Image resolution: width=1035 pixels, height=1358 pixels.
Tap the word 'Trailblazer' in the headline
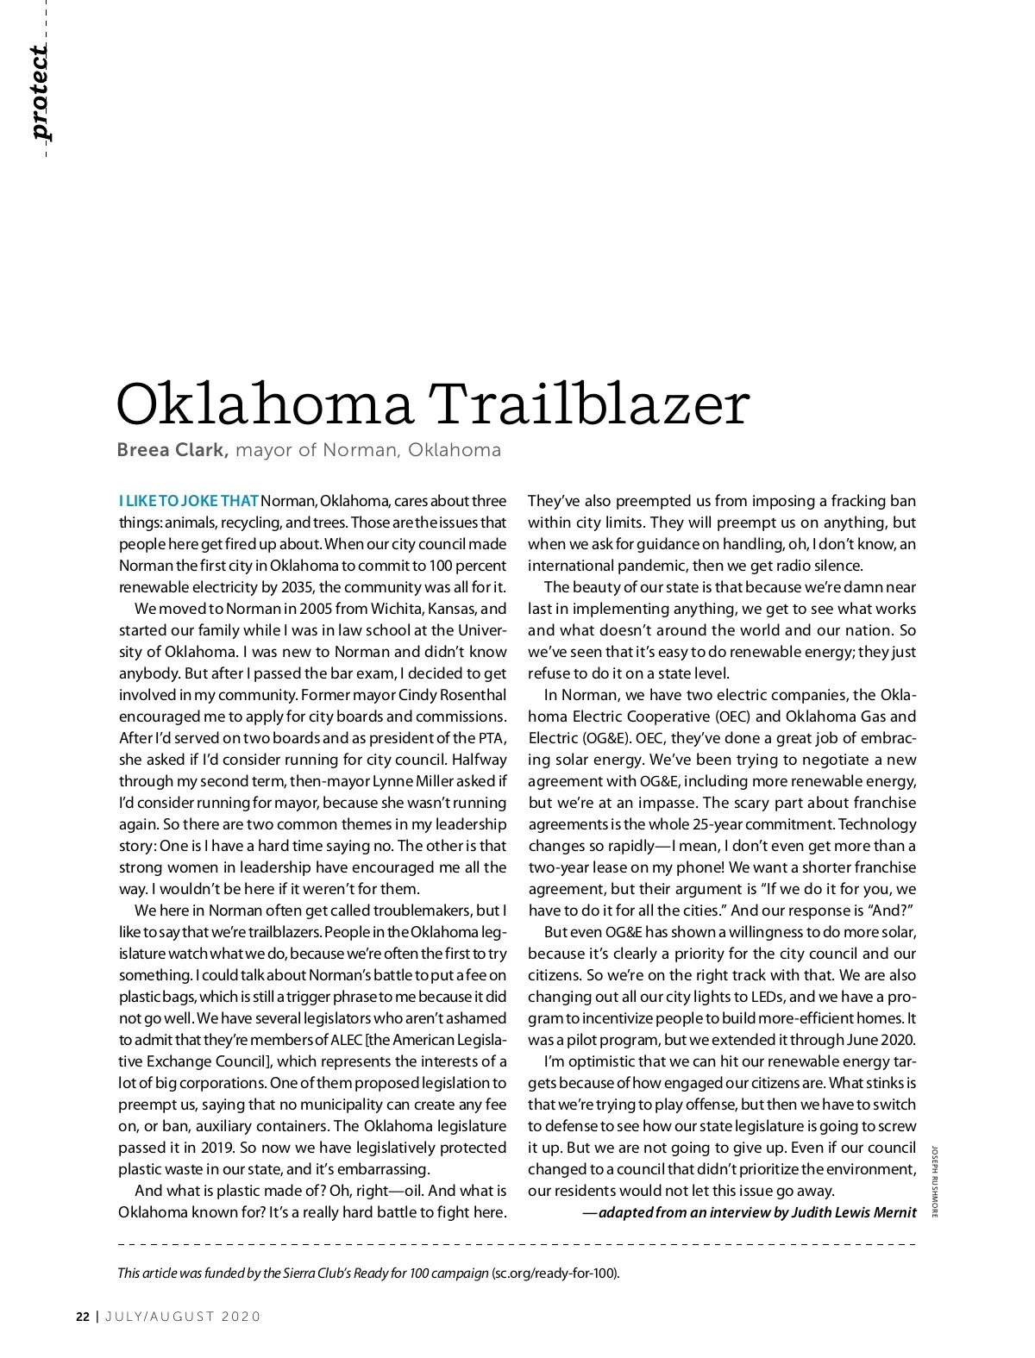[589, 404]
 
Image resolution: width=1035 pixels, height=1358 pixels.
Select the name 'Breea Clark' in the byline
[172, 450]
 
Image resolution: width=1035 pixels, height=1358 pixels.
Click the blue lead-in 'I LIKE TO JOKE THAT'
[188, 501]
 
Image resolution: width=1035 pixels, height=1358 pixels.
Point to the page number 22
[82, 1317]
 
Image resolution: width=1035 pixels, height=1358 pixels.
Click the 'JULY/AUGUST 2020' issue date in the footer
[183, 1317]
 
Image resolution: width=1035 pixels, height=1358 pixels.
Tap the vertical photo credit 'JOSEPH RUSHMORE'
[933, 1181]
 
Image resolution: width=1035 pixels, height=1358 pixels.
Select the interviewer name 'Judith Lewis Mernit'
[855, 1212]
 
